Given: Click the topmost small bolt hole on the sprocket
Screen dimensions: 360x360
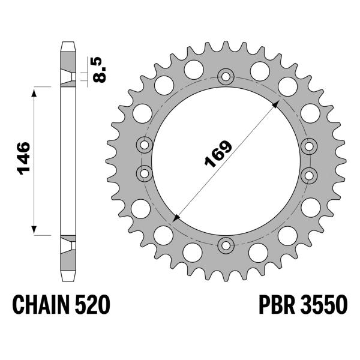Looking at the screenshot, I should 226,76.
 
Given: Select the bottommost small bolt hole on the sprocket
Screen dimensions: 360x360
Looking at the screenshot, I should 226,244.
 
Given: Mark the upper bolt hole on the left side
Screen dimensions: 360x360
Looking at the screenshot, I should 145,145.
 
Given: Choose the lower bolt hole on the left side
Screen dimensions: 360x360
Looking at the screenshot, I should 145,174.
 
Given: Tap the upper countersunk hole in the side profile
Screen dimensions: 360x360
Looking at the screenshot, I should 70,76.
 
